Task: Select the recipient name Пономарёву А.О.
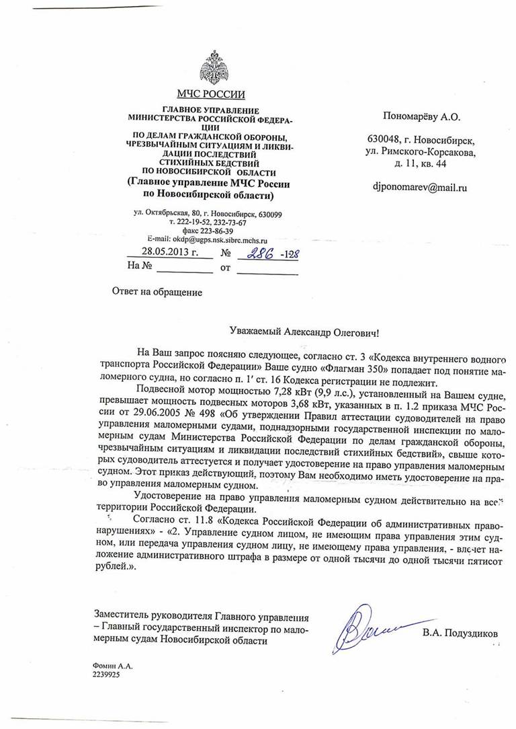point(421,117)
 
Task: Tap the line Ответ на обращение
point(156,292)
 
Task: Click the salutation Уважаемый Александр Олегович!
point(304,332)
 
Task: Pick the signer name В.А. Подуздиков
point(461,633)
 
